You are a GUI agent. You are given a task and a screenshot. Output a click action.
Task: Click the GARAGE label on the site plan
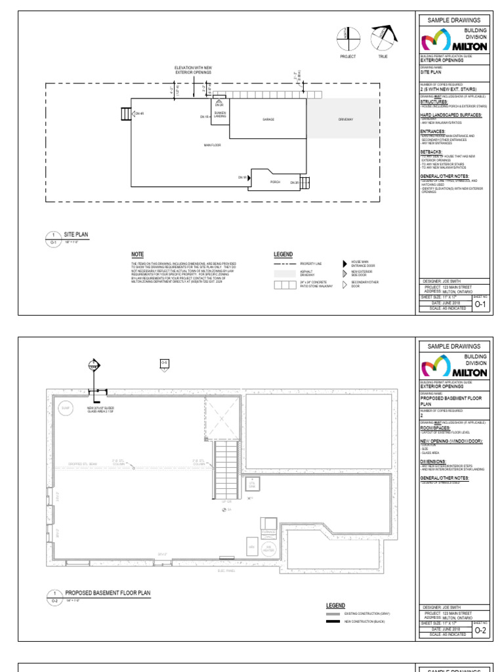pos(268,119)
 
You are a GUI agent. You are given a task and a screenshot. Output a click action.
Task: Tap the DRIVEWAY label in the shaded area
pos(345,119)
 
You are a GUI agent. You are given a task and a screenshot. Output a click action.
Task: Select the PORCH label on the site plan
pos(276,182)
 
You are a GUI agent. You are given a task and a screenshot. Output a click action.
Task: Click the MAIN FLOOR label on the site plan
pos(211,144)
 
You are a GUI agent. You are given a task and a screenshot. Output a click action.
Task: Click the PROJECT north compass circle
pos(347,39)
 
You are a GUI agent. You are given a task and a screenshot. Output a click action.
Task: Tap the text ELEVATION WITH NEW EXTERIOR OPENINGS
pos(193,70)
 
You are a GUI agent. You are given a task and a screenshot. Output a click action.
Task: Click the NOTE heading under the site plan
pos(137,254)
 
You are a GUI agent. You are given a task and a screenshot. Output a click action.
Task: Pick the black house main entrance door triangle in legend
pos(344,263)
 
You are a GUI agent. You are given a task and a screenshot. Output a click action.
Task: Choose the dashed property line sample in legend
pos(284,263)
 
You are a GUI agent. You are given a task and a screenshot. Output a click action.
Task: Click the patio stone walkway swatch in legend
pos(284,285)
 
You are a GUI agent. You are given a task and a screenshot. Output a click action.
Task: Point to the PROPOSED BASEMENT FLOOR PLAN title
pos(108,593)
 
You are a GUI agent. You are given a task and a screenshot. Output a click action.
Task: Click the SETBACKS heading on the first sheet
pos(432,152)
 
